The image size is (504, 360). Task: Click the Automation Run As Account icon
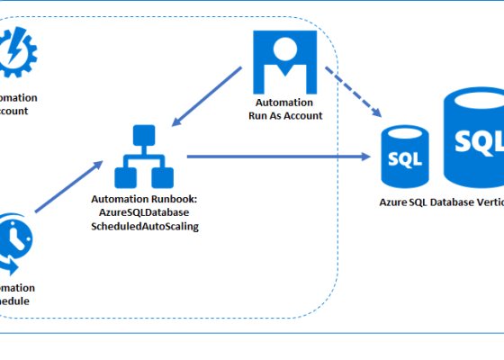tap(284, 62)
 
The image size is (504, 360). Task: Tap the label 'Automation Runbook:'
tap(145, 199)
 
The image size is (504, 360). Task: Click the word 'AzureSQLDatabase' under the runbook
tap(145, 212)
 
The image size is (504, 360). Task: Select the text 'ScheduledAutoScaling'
tap(145, 226)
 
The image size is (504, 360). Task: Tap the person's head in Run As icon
tap(284, 50)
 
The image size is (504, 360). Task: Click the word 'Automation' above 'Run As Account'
tap(284, 103)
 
